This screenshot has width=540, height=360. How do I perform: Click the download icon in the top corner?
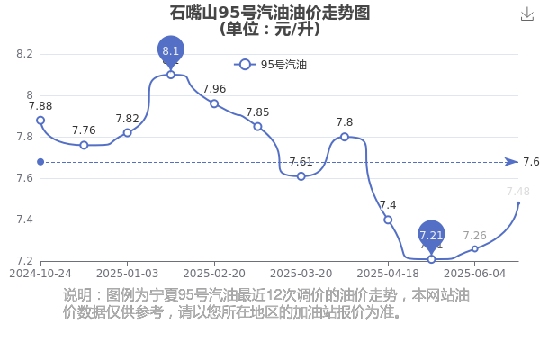coord(527,13)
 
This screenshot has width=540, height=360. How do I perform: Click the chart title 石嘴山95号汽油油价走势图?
coord(270,13)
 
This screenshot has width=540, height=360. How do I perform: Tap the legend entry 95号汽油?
coord(271,65)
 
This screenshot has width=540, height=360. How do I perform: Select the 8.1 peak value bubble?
coord(171,50)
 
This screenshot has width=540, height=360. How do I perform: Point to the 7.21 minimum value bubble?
coord(431,236)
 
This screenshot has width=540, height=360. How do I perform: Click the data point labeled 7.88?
coord(40,120)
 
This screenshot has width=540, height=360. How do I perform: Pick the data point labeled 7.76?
coord(84,145)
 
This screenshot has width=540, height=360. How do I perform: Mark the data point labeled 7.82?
coord(127,132)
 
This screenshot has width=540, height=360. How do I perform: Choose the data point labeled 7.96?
coord(214,103)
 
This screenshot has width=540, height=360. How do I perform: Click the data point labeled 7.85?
coord(257,126)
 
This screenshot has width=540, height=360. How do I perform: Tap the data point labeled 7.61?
coord(301,176)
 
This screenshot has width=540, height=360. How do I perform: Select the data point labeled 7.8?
coord(345,137)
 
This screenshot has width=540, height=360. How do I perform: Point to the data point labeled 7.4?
coord(388,220)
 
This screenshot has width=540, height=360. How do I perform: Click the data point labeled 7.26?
coord(475,248)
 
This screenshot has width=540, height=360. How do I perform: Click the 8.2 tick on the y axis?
coord(24,54)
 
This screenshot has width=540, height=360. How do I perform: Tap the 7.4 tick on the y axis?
coord(24,220)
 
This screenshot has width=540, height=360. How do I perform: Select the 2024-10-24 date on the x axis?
coord(40,272)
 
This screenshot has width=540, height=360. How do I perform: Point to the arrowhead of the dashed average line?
coord(511,162)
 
